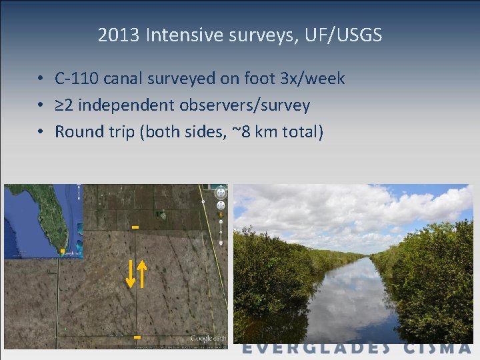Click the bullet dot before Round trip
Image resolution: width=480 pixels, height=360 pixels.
click(41, 132)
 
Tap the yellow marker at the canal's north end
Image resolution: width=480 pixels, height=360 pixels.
click(135, 227)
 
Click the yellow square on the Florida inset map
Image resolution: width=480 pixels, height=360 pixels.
click(62, 251)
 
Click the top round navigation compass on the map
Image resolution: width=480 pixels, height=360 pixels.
click(221, 193)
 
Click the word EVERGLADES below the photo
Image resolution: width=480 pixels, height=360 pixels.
click(316, 348)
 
